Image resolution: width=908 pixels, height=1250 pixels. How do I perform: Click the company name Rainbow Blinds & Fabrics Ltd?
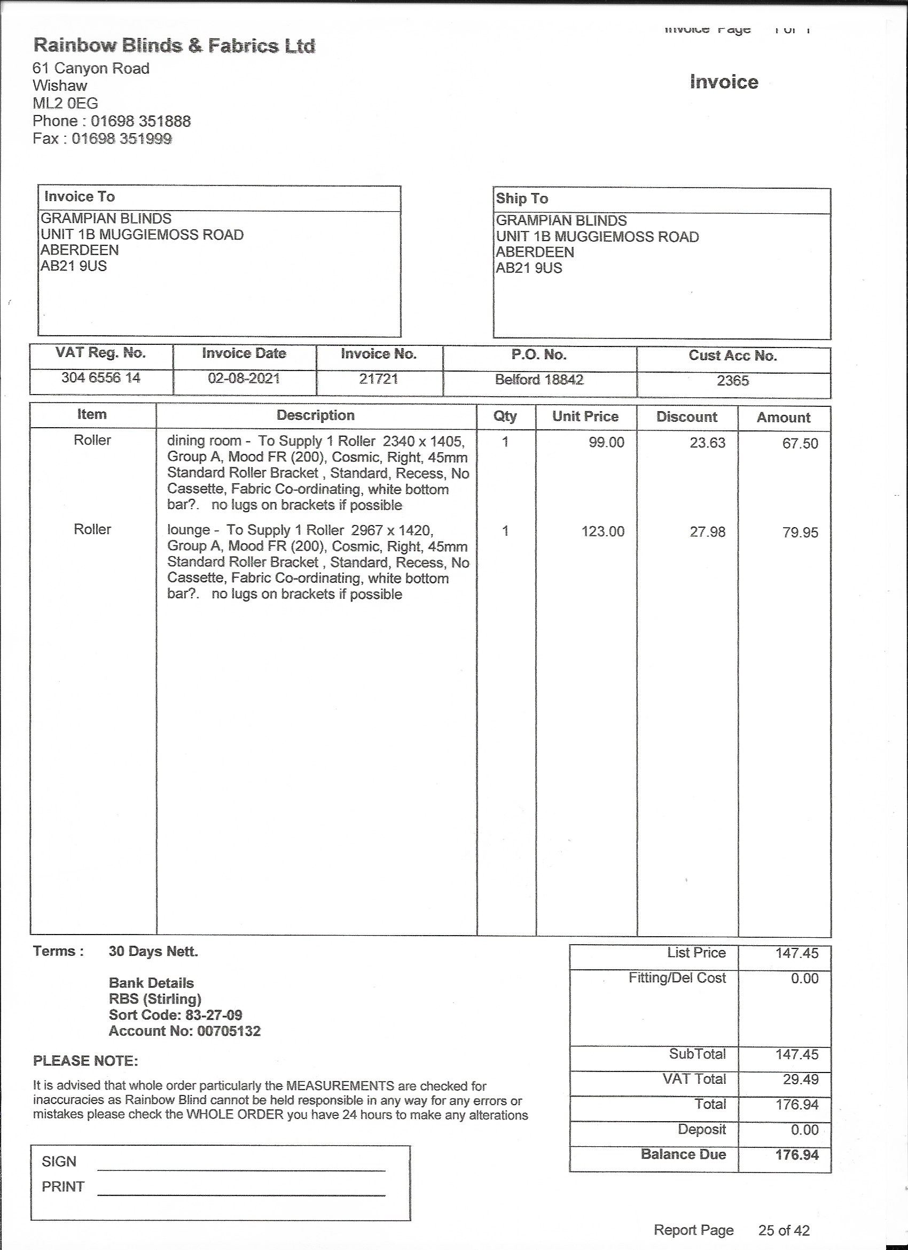pos(174,45)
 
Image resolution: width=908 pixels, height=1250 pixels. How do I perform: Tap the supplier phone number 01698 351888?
pos(140,121)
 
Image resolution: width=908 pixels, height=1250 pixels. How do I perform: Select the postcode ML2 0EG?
pos(65,103)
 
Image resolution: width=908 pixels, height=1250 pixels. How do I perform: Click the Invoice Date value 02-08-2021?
pos(244,379)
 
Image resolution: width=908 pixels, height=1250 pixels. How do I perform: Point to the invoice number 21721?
pos(378,379)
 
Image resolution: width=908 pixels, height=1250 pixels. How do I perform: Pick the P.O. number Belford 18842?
pos(539,380)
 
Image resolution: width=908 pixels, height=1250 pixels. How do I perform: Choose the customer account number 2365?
pos(732,381)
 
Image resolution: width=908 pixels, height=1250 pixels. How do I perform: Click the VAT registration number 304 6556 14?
pos(100,378)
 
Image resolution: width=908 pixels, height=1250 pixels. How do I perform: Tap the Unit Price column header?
pos(585,416)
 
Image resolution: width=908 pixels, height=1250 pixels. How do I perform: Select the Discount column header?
pos(687,417)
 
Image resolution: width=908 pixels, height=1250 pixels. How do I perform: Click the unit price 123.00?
pos(603,531)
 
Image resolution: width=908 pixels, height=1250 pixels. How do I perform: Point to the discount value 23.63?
pos(708,443)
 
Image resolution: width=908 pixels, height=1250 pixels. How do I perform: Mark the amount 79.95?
pos(800,533)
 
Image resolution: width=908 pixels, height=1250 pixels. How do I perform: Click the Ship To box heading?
pos(521,198)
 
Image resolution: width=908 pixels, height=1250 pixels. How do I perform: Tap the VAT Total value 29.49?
pos(801,1079)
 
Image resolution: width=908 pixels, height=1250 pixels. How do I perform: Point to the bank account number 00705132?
pos(229,1031)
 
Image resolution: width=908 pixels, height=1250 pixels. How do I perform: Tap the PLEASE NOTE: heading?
pos(85,1061)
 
